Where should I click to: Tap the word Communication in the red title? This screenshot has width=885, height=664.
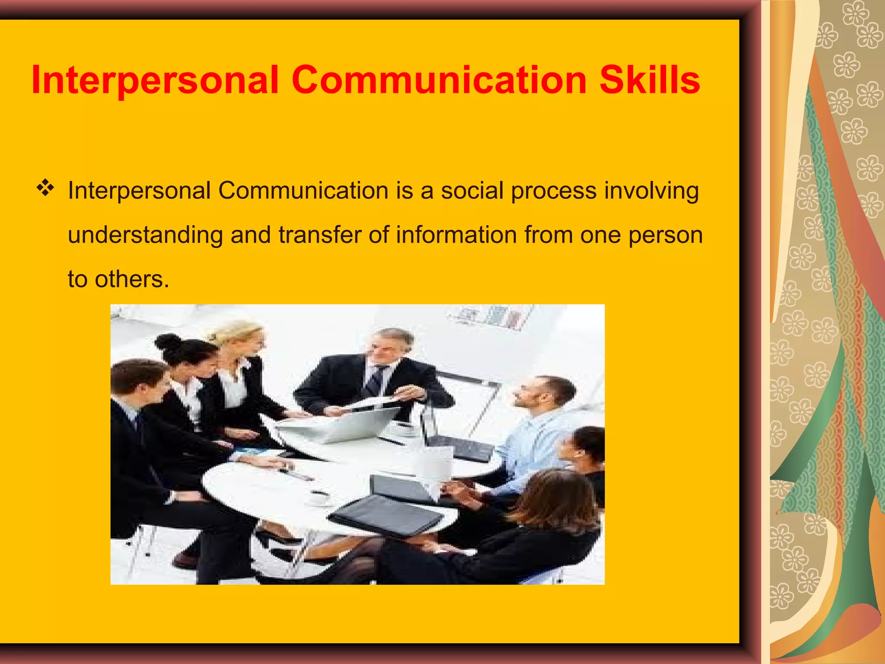(x=439, y=80)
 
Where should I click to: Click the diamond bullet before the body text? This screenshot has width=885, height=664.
(x=45, y=188)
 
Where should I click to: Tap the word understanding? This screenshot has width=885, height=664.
(x=145, y=236)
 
